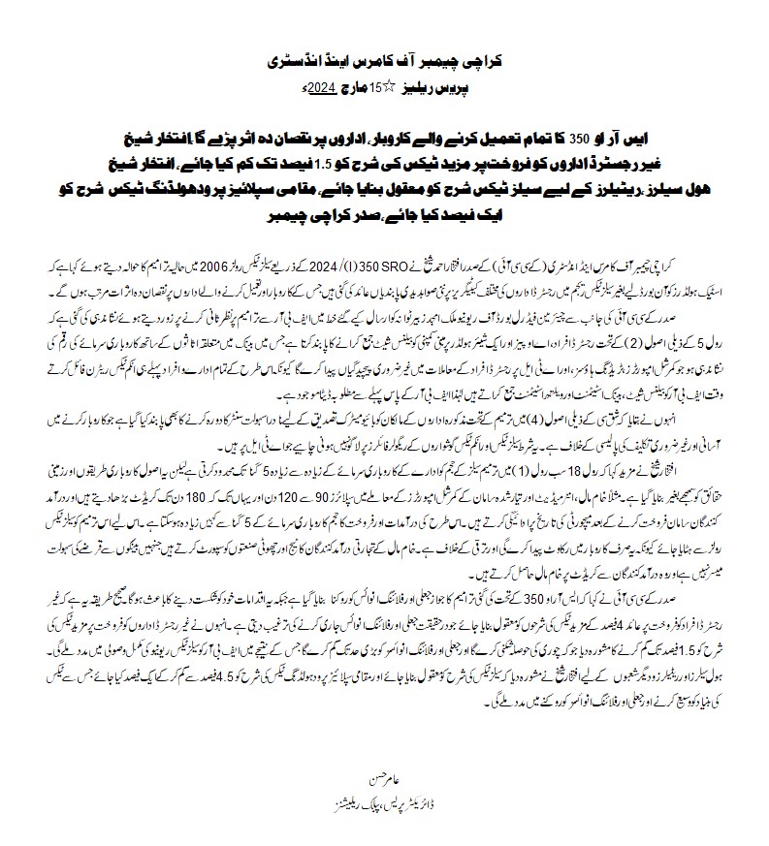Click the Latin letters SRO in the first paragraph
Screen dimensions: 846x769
[x=407, y=266]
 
